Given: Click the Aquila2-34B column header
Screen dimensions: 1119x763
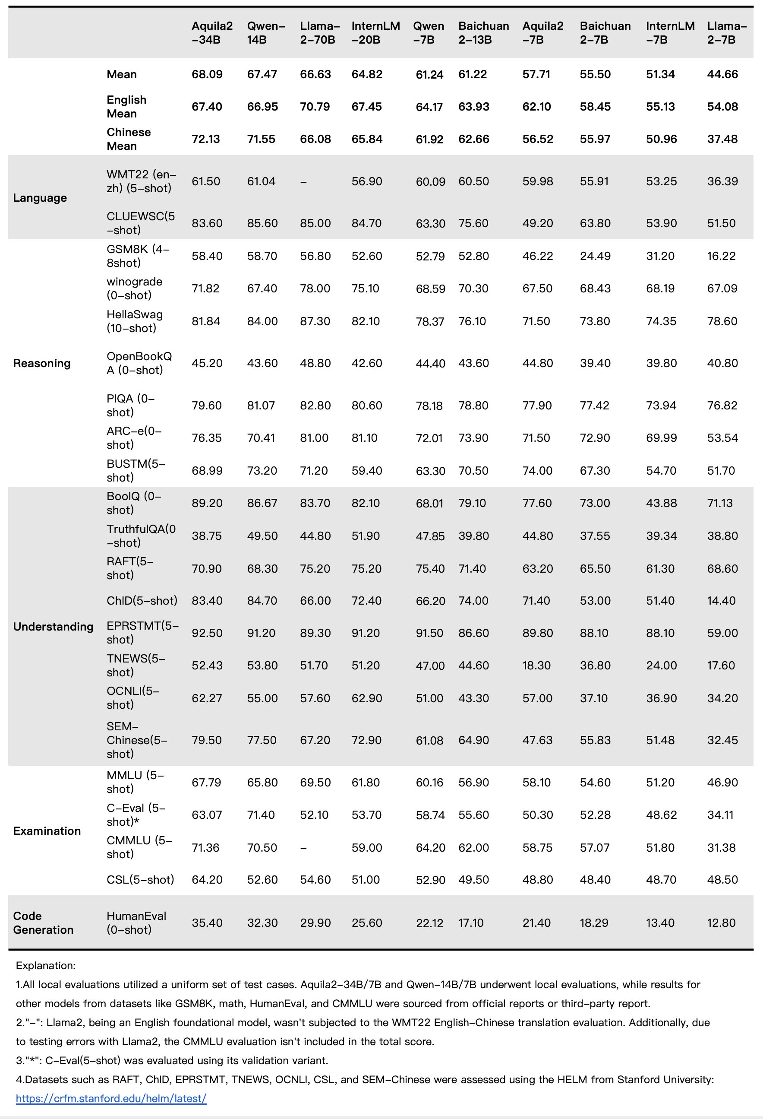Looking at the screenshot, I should click(x=211, y=33).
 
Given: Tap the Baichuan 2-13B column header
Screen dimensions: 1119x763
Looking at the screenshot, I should click(x=483, y=33).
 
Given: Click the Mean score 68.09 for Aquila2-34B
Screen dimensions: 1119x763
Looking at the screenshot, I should click(x=207, y=74).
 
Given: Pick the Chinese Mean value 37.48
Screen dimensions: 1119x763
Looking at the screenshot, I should click(x=722, y=139).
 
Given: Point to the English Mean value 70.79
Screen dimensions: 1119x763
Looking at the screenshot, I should click(x=315, y=106).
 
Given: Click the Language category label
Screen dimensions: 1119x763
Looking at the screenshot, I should click(x=40, y=198).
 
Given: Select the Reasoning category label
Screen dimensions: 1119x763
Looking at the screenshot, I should click(x=42, y=363).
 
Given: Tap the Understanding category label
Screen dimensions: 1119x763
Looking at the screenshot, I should click(x=53, y=626).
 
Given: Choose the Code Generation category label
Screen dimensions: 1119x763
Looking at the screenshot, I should click(x=43, y=922).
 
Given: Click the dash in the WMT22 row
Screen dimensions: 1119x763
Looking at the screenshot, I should click(x=303, y=182).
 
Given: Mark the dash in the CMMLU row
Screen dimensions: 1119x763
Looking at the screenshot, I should click(x=303, y=848).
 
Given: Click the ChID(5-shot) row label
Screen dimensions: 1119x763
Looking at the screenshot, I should click(x=142, y=600).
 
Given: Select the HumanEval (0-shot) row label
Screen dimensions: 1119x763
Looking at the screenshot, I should click(x=136, y=922).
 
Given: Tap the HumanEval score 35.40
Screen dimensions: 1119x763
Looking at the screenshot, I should click(x=207, y=922).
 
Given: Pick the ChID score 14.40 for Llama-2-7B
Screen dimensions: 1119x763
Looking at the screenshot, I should click(x=721, y=600).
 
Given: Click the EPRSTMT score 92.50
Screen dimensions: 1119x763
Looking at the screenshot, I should click(x=207, y=633).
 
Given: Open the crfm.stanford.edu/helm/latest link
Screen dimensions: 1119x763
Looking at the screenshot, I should click(x=111, y=1098).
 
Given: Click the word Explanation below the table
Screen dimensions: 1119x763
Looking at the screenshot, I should click(x=45, y=965).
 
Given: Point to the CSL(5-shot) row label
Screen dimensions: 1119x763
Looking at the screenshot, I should click(x=140, y=880).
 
